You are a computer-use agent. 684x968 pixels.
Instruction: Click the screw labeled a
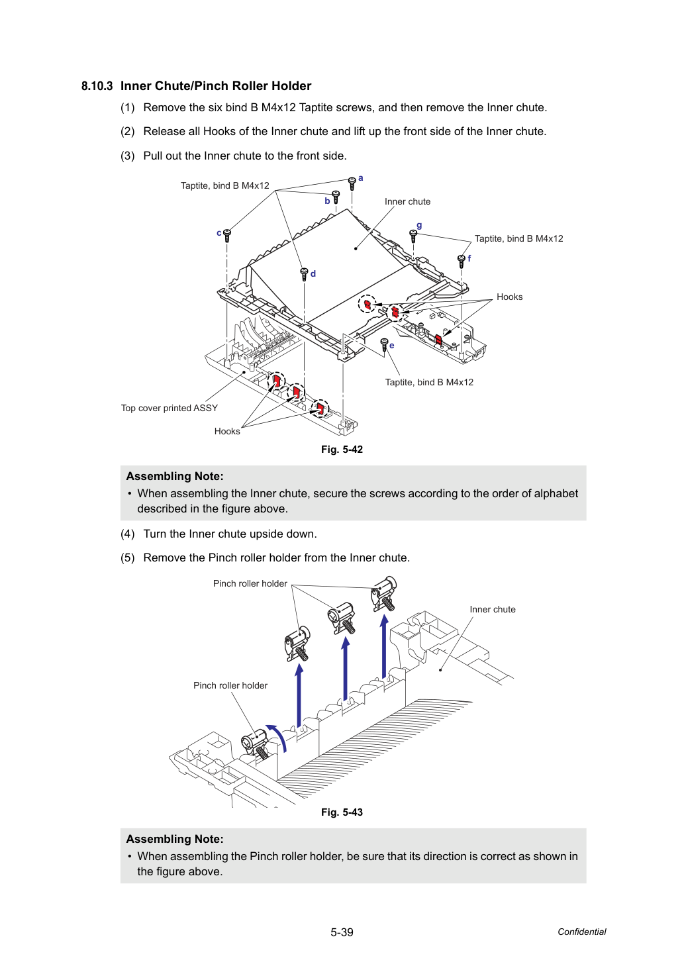(352, 183)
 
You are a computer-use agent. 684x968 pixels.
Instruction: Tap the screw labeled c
(227, 236)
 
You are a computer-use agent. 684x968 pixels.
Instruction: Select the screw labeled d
(304, 274)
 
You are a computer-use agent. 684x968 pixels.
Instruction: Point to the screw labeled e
(384, 345)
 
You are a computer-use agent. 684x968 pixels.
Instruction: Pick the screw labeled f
(461, 261)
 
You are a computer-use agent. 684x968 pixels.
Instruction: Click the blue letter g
(418, 225)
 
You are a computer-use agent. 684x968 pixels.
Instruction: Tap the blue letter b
(327, 201)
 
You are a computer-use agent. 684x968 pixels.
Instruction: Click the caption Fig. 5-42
(342, 450)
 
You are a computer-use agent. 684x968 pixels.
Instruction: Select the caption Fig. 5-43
(342, 812)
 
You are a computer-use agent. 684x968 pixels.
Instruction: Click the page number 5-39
(342, 932)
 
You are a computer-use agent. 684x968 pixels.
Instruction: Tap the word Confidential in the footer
(581, 932)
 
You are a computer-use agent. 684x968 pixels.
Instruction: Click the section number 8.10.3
(97, 86)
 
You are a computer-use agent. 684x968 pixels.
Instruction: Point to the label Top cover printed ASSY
(170, 408)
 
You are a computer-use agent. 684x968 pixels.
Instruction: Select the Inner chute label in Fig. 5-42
(407, 201)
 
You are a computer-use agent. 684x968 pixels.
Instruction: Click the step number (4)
(128, 534)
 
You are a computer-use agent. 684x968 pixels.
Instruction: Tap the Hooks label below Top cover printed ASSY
(227, 431)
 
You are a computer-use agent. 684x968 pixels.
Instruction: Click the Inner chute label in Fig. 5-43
(493, 609)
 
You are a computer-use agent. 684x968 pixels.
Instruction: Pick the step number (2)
(128, 131)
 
